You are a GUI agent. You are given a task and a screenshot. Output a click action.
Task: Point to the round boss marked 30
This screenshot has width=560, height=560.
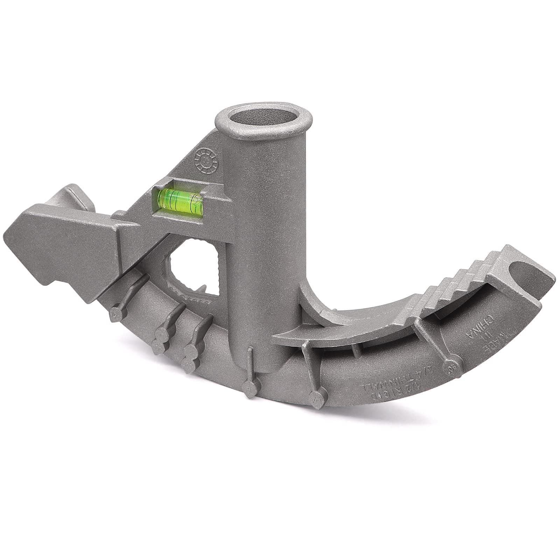450,367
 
